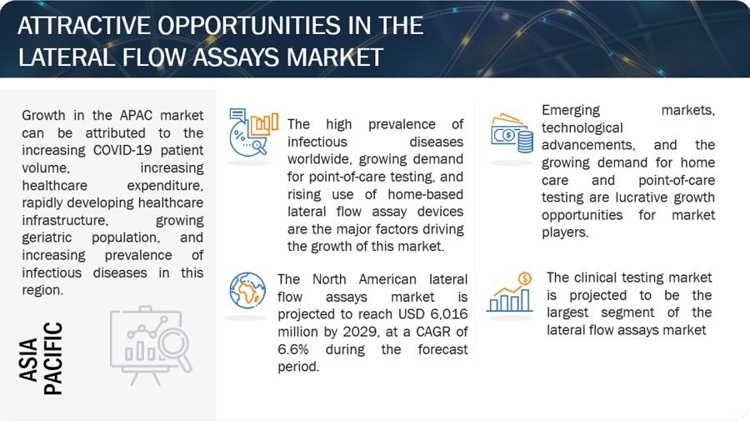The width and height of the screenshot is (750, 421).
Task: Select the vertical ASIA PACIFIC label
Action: tap(41, 358)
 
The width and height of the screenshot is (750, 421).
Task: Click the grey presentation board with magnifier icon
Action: tap(151, 345)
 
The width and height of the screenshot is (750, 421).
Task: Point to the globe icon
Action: tap(247, 290)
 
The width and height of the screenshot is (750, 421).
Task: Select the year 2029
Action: tap(360, 332)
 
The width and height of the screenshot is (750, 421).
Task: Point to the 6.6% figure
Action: tap(292, 349)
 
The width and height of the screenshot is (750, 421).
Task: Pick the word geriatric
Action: tap(47, 238)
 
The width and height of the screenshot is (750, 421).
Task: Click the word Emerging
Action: tap(571, 111)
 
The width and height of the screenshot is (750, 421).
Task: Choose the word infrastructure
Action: tap(64, 221)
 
